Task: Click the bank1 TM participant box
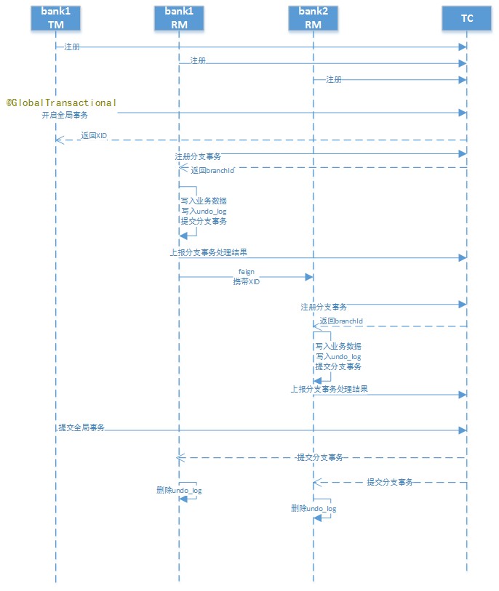coord(55,17)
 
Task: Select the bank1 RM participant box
coord(179,17)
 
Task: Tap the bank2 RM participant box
coord(314,17)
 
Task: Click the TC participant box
coord(467,17)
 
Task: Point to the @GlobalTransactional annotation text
coord(62,102)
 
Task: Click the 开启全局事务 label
coord(65,115)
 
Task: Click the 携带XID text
coord(246,281)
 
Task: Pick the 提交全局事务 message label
coord(81,427)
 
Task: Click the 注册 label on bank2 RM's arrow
coord(334,79)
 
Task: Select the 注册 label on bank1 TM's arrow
coord(71,47)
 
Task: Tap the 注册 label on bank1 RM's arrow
coord(198,61)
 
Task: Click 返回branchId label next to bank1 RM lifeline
coord(213,171)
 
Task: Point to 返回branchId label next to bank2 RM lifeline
coord(341,321)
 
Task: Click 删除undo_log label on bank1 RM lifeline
coord(179,491)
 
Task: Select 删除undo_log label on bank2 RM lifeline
coord(314,509)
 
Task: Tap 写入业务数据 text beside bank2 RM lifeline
coord(338,346)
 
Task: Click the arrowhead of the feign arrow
coord(310,277)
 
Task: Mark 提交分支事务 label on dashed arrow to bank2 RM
coord(390,482)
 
